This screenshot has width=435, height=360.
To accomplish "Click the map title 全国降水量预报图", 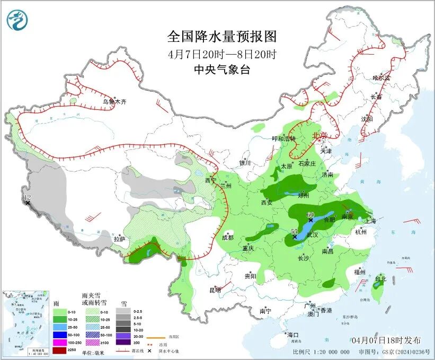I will tap(222, 37).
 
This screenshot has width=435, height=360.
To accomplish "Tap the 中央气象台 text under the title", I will tap(222, 69).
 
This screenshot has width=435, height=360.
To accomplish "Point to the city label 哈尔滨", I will tap(381, 78).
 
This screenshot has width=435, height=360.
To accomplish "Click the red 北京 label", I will tap(320, 135).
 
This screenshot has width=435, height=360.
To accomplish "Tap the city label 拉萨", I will tap(119, 239).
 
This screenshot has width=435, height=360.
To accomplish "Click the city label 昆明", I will tap(215, 290).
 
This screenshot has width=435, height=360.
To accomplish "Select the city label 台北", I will tap(381, 278).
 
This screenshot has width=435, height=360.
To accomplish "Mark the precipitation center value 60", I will tap(311, 214).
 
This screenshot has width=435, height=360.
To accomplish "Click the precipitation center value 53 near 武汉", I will tap(295, 232).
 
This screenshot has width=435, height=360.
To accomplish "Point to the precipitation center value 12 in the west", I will tap(28, 198).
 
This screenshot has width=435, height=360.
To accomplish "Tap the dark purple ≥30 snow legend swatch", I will tap(125, 343).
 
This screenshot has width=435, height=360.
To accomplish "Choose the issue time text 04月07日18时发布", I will tap(386, 340).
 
